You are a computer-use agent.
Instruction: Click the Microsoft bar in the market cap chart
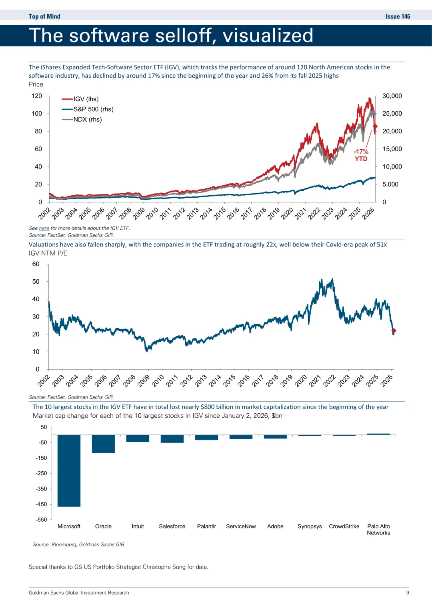[69, 471]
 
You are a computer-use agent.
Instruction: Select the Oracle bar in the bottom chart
[103, 444]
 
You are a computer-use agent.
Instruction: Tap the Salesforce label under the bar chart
[172, 526]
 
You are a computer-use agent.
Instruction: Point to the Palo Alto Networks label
[378, 529]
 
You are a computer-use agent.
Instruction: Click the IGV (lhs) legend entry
[86, 99]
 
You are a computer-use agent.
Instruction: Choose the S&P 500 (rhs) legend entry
[93, 109]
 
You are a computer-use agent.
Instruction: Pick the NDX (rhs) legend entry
[87, 119]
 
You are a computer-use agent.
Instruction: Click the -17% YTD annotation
[361, 155]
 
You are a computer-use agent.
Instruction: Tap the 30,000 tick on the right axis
[392, 96]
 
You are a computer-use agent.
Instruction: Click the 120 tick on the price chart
[37, 96]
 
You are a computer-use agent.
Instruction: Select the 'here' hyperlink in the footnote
[44, 228]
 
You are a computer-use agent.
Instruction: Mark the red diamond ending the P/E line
[394, 331]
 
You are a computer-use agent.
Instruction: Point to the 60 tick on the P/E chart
[36, 264]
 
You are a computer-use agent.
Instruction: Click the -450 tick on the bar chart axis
[41, 504]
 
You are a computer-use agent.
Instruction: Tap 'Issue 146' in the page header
[398, 16]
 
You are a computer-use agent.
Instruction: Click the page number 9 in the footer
[408, 593]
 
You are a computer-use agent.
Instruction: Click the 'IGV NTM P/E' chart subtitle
[48, 253]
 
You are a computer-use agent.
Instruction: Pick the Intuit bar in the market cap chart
[138, 439]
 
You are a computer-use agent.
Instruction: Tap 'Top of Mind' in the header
[44, 16]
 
